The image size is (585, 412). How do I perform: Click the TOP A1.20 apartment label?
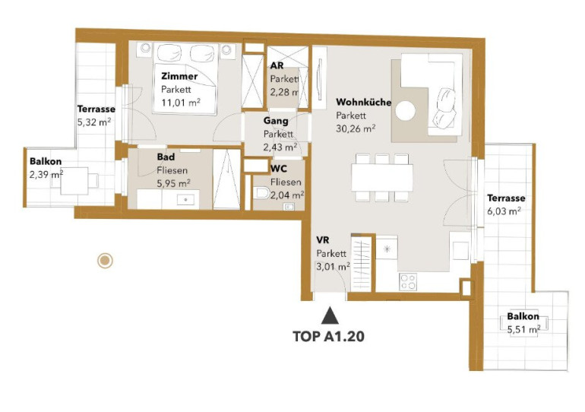pyautogui.click(x=328, y=336)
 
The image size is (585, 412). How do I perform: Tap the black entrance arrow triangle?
pyautogui.click(x=330, y=315)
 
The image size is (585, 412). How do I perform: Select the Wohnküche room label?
pyautogui.click(x=363, y=103)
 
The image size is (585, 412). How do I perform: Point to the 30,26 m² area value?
pyautogui.click(x=356, y=128)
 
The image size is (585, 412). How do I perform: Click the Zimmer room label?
pyautogui.click(x=179, y=77)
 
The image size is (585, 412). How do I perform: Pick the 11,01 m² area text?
pyautogui.click(x=181, y=103)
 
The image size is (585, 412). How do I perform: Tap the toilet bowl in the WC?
pyautogui.click(x=261, y=193)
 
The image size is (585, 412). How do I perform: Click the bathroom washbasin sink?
pyautogui.click(x=186, y=200)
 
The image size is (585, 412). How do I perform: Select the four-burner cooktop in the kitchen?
pyautogui.click(x=407, y=281)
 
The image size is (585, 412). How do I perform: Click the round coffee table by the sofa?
pyautogui.click(x=406, y=111)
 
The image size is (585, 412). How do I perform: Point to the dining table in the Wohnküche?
pyautogui.click(x=382, y=178)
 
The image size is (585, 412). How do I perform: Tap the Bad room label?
pyautogui.click(x=166, y=157)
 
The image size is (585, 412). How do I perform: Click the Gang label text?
pyautogui.click(x=276, y=121)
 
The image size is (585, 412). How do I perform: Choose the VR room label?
pyautogui.click(x=323, y=240)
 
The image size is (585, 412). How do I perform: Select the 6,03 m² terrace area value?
pyautogui.click(x=504, y=211)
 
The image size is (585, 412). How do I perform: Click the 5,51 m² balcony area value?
pyautogui.click(x=523, y=330)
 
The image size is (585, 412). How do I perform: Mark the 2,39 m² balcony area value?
pyautogui.click(x=46, y=174)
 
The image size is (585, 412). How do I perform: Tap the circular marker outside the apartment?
pyautogui.click(x=105, y=260)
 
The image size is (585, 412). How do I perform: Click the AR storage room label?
pyautogui.click(x=277, y=65)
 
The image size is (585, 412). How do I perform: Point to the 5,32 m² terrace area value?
pyautogui.click(x=94, y=122)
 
